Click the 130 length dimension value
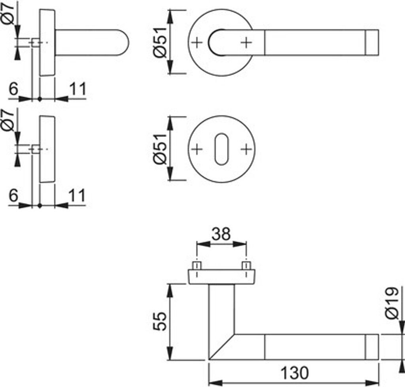294,373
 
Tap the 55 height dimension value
159,321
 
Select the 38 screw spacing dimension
221,234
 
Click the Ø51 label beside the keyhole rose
161,149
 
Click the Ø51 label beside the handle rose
161,42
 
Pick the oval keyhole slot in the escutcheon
221,149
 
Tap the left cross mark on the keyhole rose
197,149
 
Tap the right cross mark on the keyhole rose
246,149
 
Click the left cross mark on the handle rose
197,42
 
